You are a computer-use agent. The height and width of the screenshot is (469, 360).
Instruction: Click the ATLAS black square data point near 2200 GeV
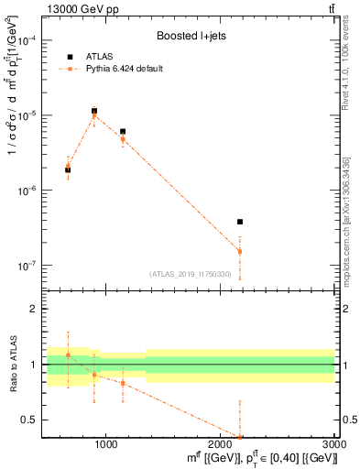240,222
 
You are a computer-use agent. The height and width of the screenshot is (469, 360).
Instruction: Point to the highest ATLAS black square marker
94,111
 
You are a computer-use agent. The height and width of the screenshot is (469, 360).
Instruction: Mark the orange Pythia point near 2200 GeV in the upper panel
240,251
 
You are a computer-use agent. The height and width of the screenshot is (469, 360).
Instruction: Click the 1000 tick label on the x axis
105,444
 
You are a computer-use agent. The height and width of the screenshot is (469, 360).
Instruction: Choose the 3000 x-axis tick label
335,444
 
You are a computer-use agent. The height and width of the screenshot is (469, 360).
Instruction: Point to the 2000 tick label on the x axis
221,444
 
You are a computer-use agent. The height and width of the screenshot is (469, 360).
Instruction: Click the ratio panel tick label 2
33,309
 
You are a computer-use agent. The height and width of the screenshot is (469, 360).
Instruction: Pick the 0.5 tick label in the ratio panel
29,420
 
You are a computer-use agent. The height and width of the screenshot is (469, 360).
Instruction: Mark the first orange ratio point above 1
68,354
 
